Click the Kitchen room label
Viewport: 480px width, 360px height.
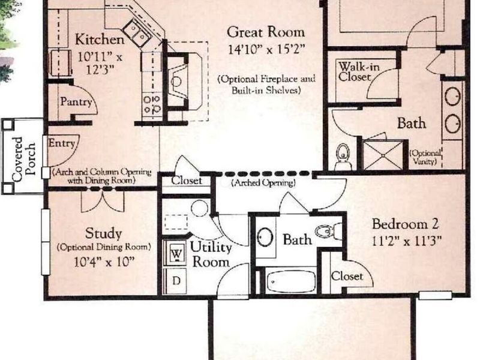(100, 40)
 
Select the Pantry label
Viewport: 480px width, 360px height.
(76, 102)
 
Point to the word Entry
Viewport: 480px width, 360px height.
(62, 143)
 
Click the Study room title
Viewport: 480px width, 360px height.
(103, 233)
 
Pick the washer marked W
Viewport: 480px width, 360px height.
(177, 254)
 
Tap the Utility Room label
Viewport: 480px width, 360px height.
(209, 254)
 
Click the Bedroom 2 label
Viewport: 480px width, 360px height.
(406, 224)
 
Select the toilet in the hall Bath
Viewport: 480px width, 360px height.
(326, 231)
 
